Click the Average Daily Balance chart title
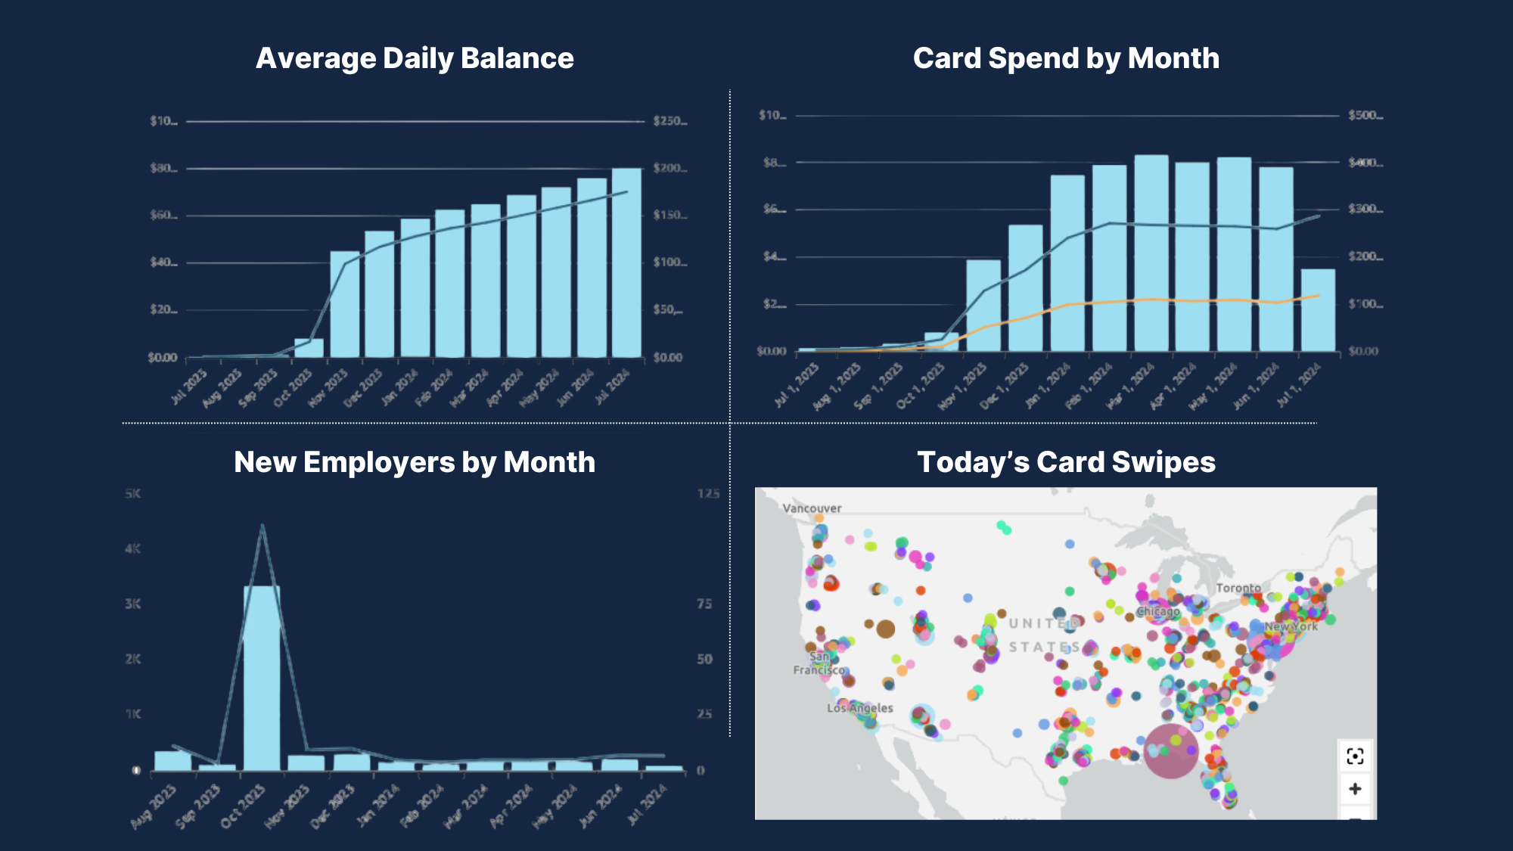tap(415, 58)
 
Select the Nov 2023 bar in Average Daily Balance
tap(345, 304)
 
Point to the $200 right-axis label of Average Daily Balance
tap(669, 168)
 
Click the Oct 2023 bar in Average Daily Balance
tap(309, 348)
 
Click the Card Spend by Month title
tap(1066, 58)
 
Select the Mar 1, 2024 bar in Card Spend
tap(1151, 253)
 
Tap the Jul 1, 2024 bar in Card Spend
tap(1318, 310)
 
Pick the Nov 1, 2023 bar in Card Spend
tap(983, 306)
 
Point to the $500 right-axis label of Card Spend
tap(1365, 115)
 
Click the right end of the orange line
tap(1319, 296)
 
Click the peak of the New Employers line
tap(262, 525)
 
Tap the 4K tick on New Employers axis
tap(132, 548)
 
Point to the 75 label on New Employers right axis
tap(704, 604)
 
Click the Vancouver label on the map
tap(812, 508)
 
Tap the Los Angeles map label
tap(860, 708)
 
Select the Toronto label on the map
tap(1238, 588)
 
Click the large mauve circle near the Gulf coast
tap(1170, 751)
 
